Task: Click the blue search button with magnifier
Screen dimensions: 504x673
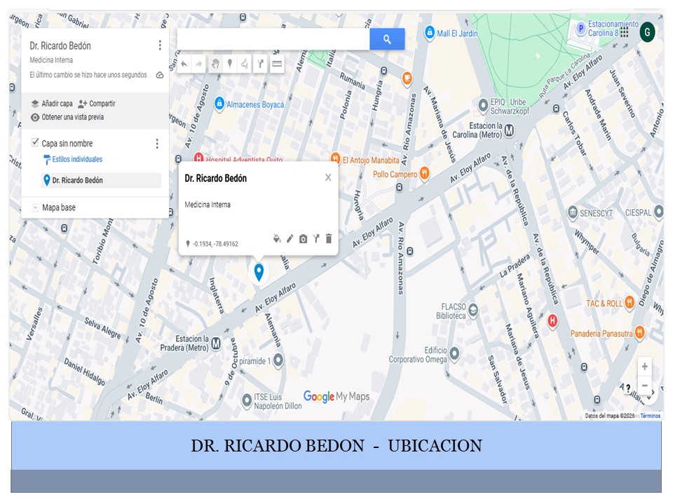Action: pyautogui.click(x=387, y=39)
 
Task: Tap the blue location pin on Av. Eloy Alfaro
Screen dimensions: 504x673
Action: pyautogui.click(x=259, y=272)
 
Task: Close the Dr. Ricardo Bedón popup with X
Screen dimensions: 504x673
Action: pyautogui.click(x=328, y=178)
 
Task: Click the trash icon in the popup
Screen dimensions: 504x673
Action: pyautogui.click(x=329, y=239)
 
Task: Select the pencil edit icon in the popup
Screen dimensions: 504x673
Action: pyautogui.click(x=290, y=239)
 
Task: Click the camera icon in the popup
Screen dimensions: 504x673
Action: pyautogui.click(x=303, y=239)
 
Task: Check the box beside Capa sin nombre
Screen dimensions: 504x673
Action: pyautogui.click(x=35, y=143)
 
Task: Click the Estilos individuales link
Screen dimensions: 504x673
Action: pyautogui.click(x=77, y=160)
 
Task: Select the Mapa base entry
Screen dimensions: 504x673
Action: pyautogui.click(x=58, y=207)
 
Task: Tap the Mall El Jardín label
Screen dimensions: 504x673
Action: pyautogui.click(x=456, y=33)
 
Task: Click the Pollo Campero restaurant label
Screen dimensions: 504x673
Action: pyautogui.click(x=395, y=174)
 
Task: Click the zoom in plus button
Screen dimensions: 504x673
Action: pyautogui.click(x=644, y=366)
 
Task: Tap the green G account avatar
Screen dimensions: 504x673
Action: pyautogui.click(x=647, y=31)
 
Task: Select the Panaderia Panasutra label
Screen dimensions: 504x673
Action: pyautogui.click(x=601, y=333)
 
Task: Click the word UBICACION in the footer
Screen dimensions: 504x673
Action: pyautogui.click(x=435, y=446)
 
